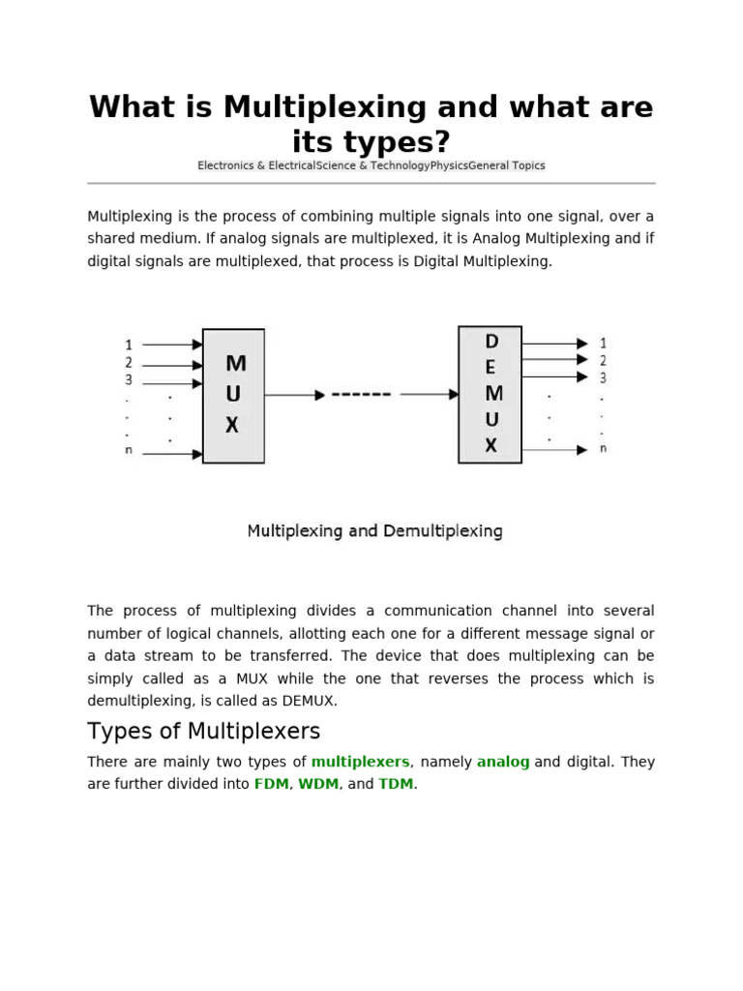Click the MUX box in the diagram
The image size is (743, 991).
[233, 396]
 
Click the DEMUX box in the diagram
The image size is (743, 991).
[490, 394]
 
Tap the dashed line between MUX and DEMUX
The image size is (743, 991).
[361, 395]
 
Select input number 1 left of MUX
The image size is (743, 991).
[129, 345]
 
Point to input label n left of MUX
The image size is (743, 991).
[129, 451]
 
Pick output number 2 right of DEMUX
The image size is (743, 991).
[603, 360]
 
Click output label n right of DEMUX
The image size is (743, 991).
[604, 449]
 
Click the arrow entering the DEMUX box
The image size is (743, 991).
[430, 394]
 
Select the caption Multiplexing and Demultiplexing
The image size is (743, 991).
[374, 531]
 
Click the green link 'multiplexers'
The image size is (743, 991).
[360, 762]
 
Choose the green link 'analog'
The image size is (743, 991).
[503, 762]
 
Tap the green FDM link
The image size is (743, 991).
[271, 784]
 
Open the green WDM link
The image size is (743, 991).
[318, 784]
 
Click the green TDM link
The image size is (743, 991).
[396, 784]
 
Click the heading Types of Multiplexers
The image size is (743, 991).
[203, 731]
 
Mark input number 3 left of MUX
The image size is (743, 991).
[129, 380]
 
